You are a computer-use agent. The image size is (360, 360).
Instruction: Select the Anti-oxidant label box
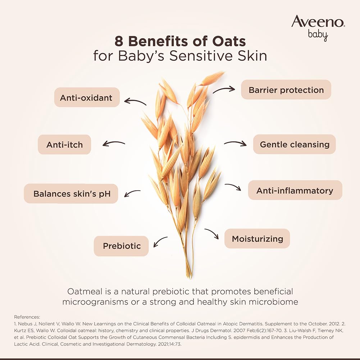[x=87, y=97]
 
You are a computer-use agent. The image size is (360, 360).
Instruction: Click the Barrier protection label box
[x=286, y=90]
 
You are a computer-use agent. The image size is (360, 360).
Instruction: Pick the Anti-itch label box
[x=64, y=145]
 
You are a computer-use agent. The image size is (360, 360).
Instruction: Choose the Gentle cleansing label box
[x=294, y=144]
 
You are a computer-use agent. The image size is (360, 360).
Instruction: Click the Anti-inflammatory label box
[x=295, y=190]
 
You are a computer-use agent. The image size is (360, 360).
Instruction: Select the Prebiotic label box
[x=121, y=246]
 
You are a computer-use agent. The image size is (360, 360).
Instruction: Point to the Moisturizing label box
[x=257, y=238]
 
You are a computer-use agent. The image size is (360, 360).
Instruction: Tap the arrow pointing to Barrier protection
[x=224, y=89]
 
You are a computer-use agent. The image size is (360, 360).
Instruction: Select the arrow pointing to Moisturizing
[x=212, y=233]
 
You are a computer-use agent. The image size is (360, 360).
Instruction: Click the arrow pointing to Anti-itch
[x=114, y=144]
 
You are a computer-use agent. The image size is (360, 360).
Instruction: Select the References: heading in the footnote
[x=27, y=317]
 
